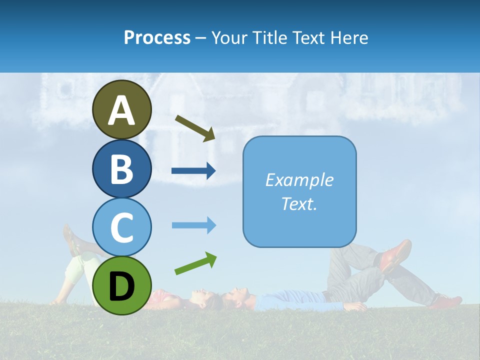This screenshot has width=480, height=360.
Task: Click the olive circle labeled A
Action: point(121,109)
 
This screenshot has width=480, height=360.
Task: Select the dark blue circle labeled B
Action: point(121,168)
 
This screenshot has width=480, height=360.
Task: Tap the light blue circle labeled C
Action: point(121,226)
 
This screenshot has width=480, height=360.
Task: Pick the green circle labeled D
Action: point(121,285)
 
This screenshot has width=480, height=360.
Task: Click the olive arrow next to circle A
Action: point(195,128)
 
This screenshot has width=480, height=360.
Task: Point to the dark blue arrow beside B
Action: point(193,171)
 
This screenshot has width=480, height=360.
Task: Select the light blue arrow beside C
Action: point(193,225)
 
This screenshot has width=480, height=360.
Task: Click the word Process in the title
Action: point(157,37)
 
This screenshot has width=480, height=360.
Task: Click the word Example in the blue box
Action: point(299,180)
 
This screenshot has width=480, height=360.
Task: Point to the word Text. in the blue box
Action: point(299,203)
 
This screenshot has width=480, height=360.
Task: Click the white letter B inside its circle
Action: point(121,168)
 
